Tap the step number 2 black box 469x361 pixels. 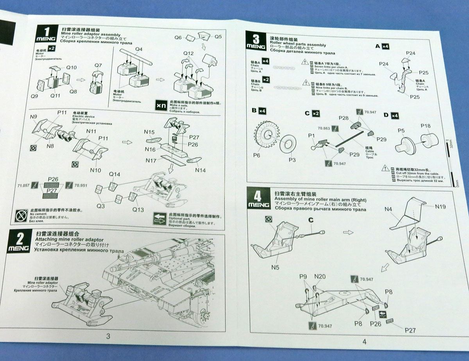coord(18,242)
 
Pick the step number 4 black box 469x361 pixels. coord(259,198)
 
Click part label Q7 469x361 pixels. coord(98,66)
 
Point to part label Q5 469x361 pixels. coord(218,37)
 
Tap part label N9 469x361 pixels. coord(33,117)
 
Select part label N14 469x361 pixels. coord(200,171)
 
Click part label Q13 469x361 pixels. coord(138,209)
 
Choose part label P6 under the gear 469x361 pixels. coord(256,155)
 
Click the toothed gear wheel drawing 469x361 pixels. coord(266,135)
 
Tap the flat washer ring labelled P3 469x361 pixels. coord(289,142)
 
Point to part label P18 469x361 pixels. coord(426,126)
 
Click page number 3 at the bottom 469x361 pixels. coord(108,336)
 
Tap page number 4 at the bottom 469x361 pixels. coord(364,341)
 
